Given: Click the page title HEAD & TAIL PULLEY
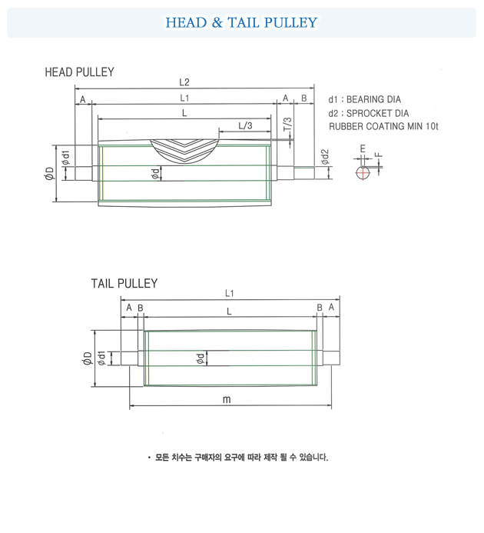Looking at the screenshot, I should click(241, 22).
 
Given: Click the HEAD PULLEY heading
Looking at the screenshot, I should click(80, 72).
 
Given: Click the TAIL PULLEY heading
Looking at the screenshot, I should click(124, 284).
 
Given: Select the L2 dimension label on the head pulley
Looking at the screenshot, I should click(184, 82).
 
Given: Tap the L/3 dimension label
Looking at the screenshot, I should click(245, 125).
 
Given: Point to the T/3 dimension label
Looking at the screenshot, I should click(287, 125).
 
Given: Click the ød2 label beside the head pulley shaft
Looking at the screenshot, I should click(325, 158).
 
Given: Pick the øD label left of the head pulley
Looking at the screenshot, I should click(49, 174).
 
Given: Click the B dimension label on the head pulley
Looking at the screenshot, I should click(304, 98).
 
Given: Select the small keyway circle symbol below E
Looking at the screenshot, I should click(363, 172).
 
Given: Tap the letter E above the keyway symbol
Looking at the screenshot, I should click(363, 148).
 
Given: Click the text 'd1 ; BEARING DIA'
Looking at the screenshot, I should click(364, 100).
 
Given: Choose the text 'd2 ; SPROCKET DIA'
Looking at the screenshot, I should click(368, 113).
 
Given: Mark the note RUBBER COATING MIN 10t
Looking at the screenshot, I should click(383, 126).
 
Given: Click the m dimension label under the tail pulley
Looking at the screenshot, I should click(227, 400).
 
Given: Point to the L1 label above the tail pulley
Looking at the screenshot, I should click(230, 293).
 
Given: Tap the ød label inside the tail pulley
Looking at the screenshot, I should click(200, 358).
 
